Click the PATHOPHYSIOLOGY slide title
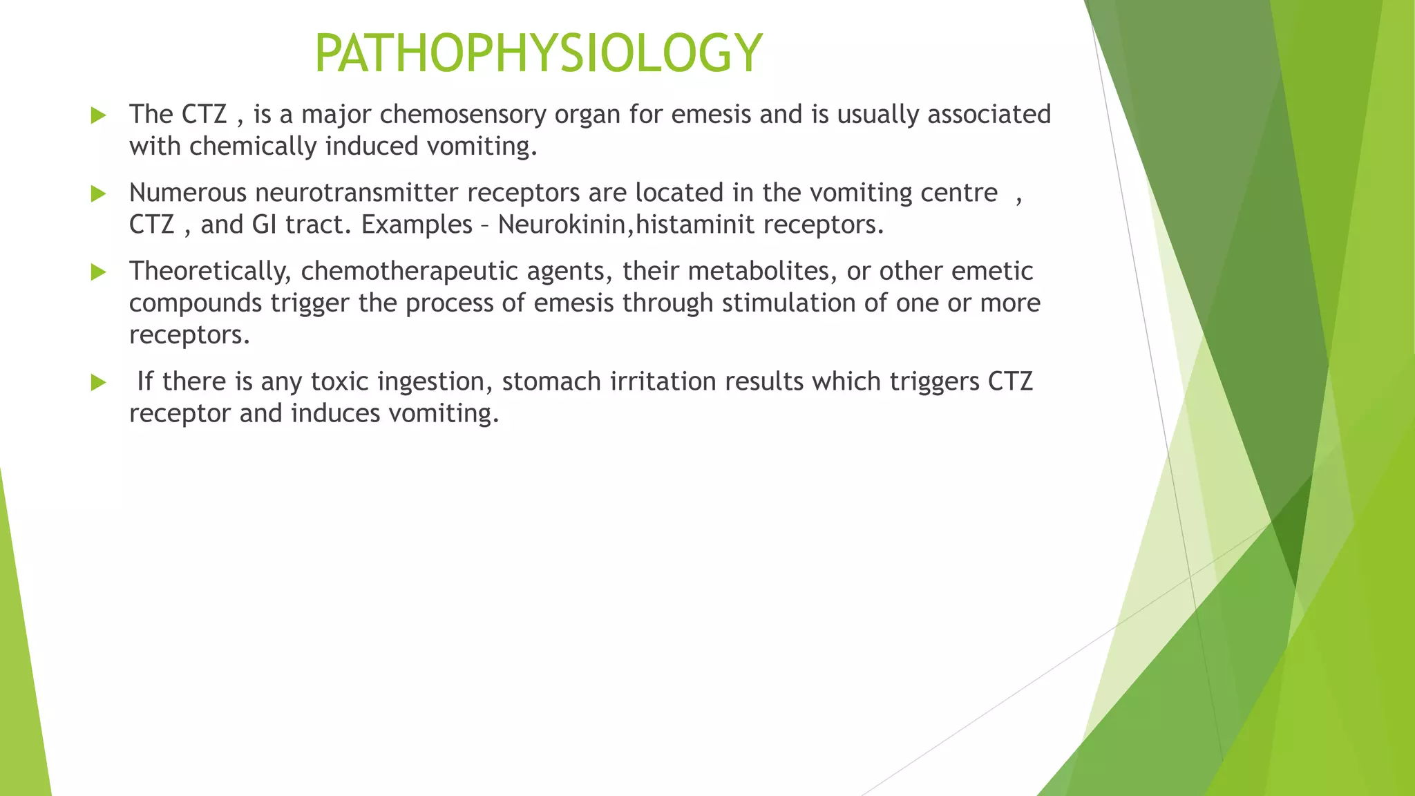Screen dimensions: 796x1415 pos(538,54)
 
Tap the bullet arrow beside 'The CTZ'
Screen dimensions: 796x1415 pos(98,115)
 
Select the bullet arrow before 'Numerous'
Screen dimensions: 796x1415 pos(98,193)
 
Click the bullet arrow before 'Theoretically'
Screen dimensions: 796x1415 pos(98,272)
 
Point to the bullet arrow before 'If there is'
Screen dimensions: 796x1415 pos(98,382)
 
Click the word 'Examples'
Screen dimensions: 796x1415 pos(417,225)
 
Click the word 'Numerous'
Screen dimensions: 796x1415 pos(188,193)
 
